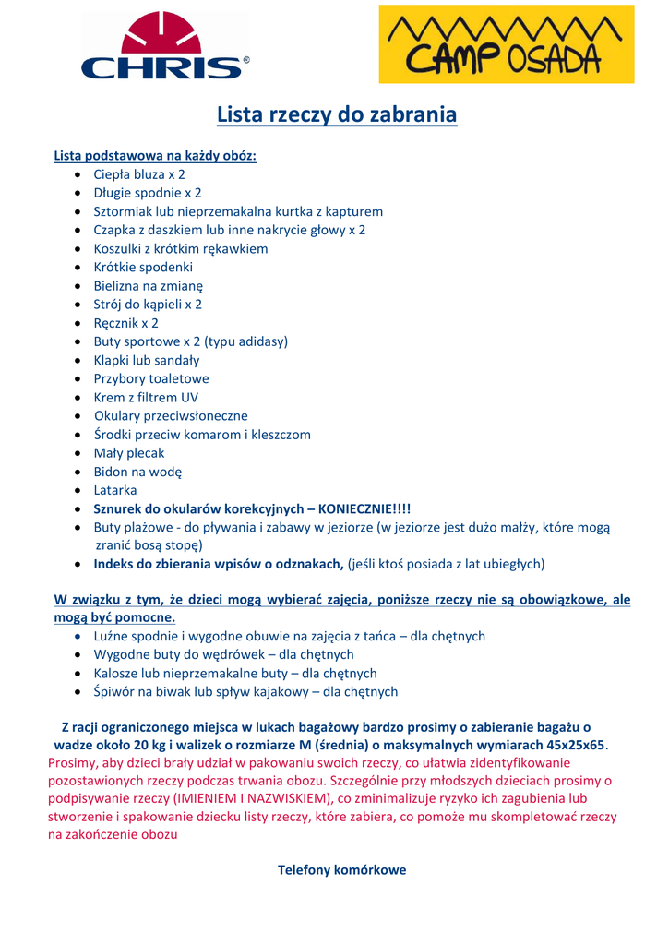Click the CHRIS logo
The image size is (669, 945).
[x=165, y=46]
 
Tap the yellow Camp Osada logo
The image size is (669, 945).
[x=507, y=44]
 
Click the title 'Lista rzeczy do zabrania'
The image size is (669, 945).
[x=337, y=115]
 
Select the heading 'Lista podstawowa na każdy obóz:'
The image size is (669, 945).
[x=155, y=155]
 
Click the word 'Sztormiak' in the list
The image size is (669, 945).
[x=123, y=211]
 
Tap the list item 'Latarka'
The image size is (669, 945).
[x=115, y=490]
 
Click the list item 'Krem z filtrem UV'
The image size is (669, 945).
[x=146, y=397]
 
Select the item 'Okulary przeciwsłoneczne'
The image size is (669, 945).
[x=171, y=415]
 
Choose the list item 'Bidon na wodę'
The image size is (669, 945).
[x=137, y=472]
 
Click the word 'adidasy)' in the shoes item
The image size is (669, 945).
[x=262, y=341]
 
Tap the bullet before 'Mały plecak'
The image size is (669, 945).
[x=78, y=453]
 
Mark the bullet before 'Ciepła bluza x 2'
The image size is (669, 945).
[x=78, y=174]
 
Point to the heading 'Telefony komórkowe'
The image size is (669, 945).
[x=341, y=870]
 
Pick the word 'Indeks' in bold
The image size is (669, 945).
[x=114, y=564]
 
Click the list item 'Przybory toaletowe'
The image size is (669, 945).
[x=151, y=378]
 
